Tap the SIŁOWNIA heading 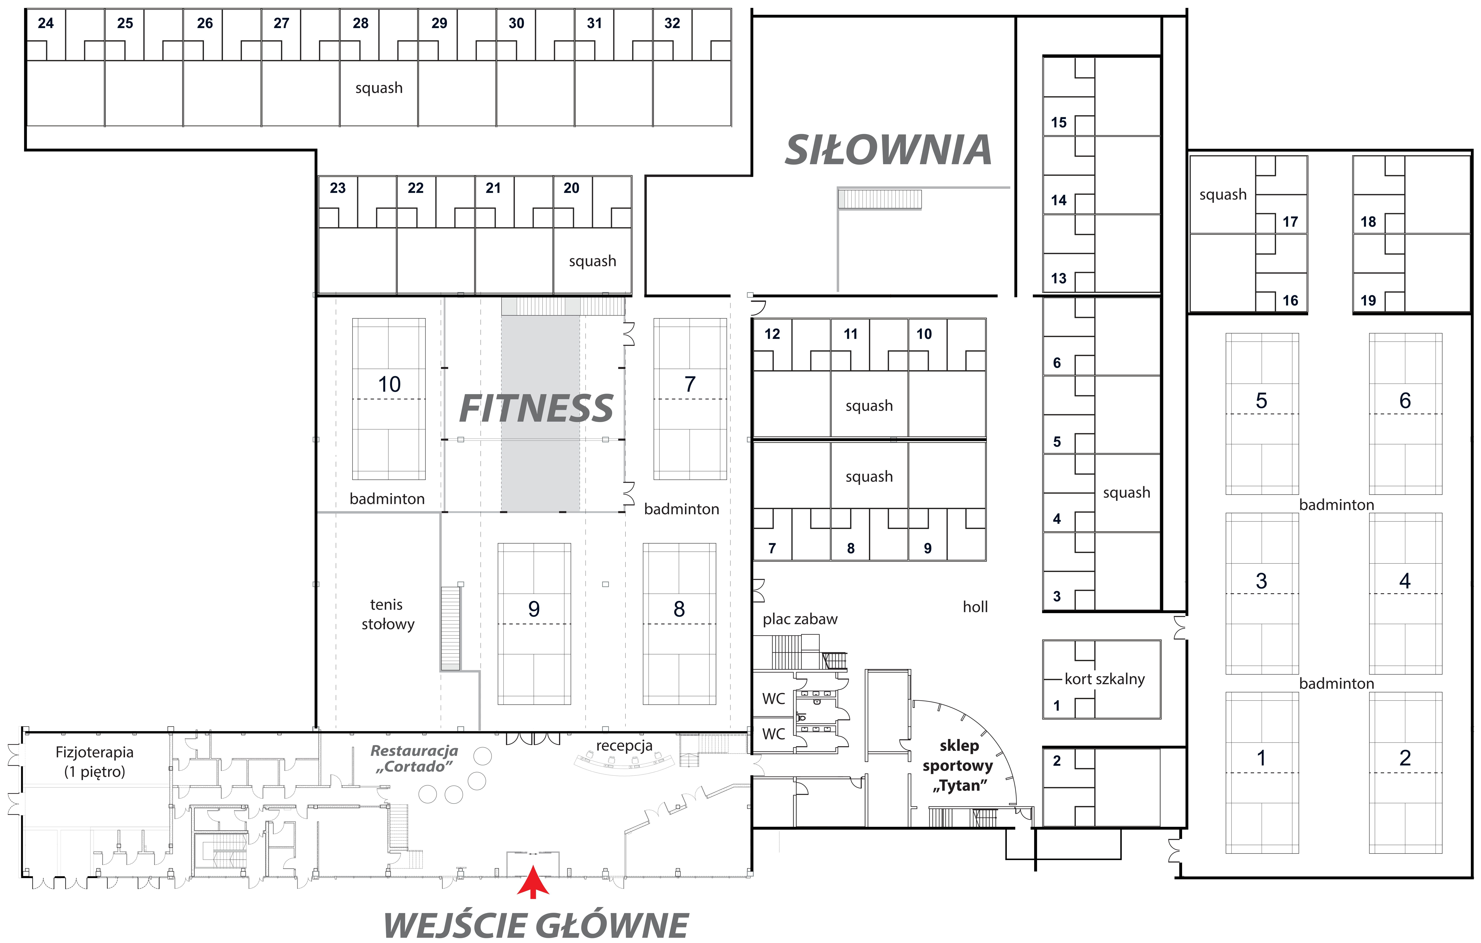[x=888, y=151]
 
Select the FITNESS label [x=536, y=409]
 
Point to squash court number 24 [x=46, y=23]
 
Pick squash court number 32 [x=672, y=23]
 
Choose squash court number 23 [x=338, y=188]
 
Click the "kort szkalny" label [x=1105, y=679]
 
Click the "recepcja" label [x=624, y=746]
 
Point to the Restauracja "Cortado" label [x=414, y=758]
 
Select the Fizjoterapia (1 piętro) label [x=95, y=761]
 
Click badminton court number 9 [x=534, y=609]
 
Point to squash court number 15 [x=1058, y=122]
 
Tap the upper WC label [x=773, y=699]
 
